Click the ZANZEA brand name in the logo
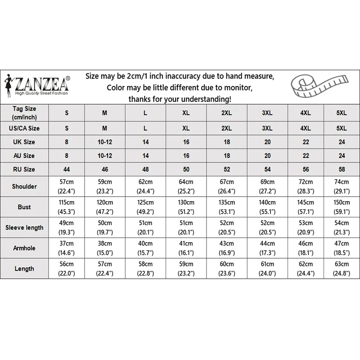(x=43, y=84)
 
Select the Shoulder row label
(x=25, y=186)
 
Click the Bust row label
(x=25, y=207)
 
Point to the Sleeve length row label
(x=25, y=227)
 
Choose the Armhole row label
(x=25, y=248)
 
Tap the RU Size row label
(x=25, y=169)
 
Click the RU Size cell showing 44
(x=67, y=169)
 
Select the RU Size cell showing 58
(x=342, y=169)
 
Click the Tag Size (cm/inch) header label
(x=25, y=112)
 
